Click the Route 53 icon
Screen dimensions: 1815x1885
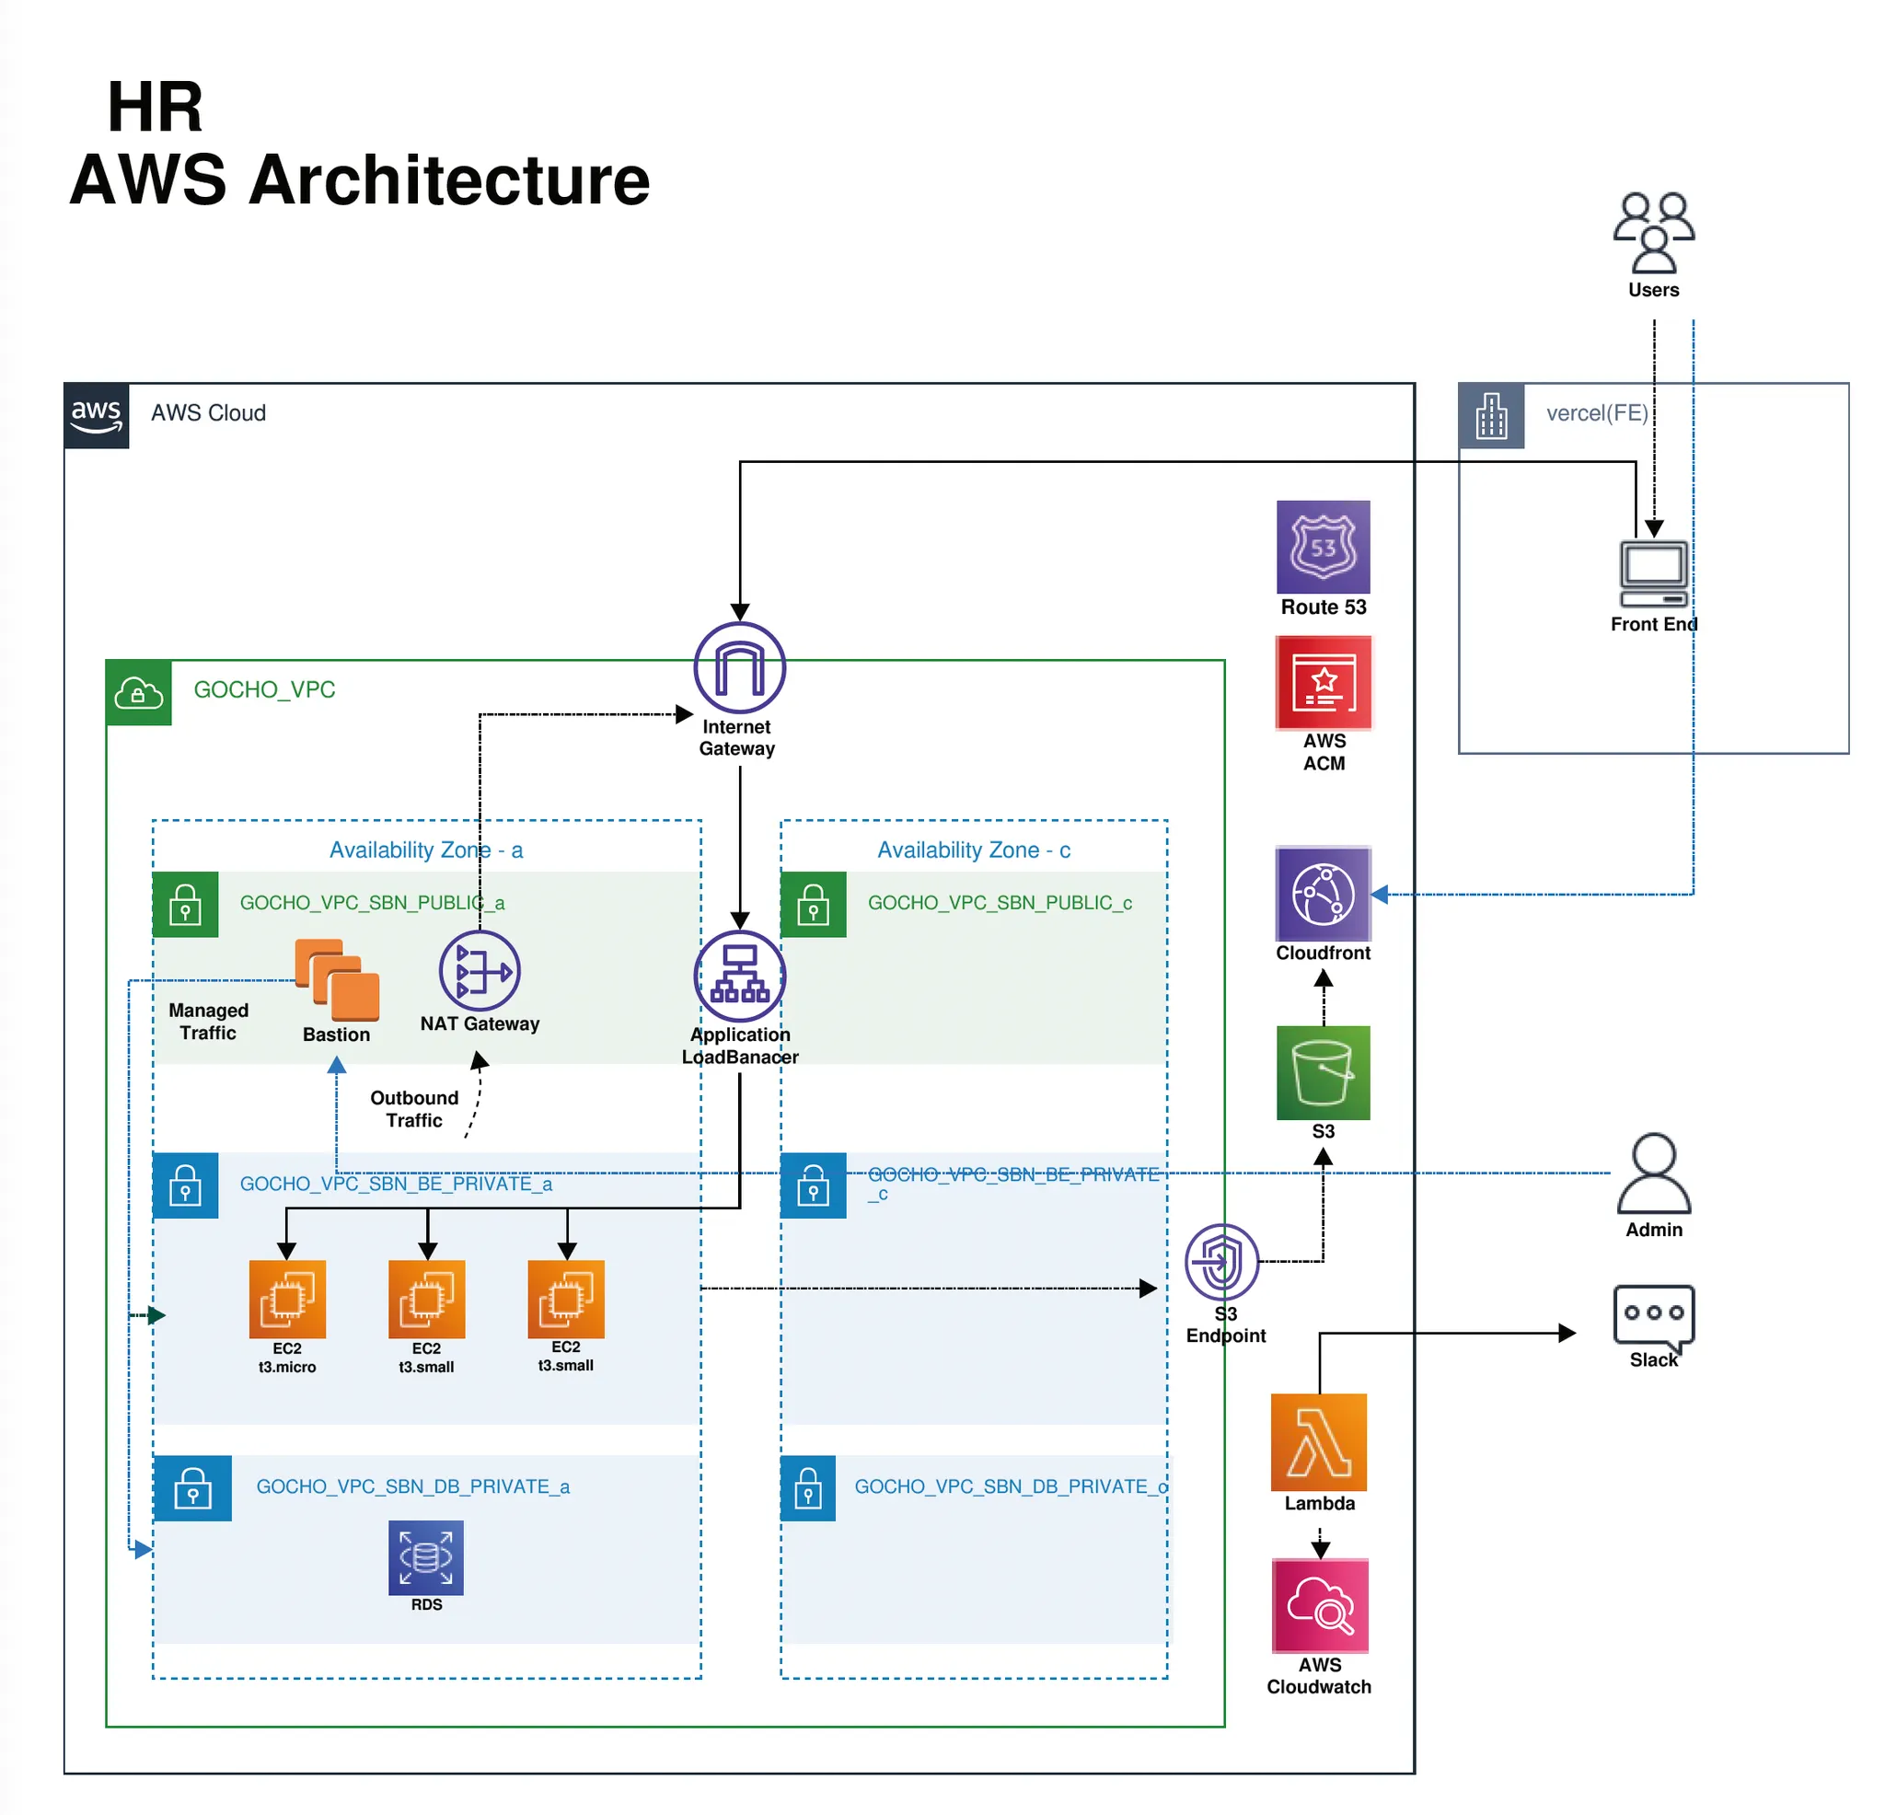tap(1323, 547)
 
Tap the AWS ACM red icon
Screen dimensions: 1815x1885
tap(1324, 683)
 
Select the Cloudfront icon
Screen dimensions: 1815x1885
tap(1323, 894)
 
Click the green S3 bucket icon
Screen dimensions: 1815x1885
tap(1323, 1071)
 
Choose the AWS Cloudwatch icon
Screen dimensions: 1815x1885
tap(1320, 1605)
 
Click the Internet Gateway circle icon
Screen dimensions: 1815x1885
tap(740, 667)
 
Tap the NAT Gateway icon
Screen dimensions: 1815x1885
tap(479, 970)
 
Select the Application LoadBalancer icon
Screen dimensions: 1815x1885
tap(740, 976)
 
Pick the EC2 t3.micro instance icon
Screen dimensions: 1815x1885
tap(286, 1299)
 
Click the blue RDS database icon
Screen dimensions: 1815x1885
tap(426, 1556)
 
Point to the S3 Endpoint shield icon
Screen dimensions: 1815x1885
tap(1221, 1261)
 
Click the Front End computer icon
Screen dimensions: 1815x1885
tap(1653, 572)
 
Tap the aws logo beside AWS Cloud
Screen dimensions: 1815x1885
tap(96, 415)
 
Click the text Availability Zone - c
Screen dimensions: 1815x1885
tap(973, 850)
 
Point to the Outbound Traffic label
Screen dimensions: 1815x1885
tap(413, 1108)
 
